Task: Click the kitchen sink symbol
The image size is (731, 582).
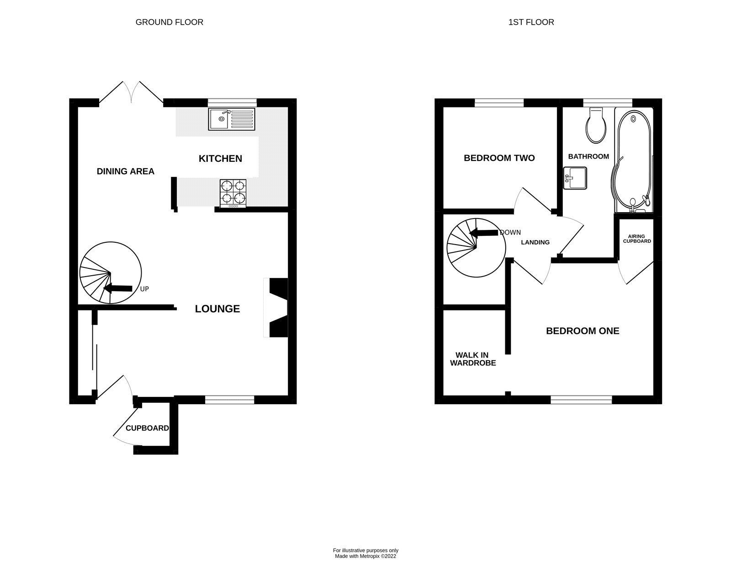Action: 232,119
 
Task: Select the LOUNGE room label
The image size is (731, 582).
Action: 217,309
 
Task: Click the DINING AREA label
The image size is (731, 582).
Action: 126,171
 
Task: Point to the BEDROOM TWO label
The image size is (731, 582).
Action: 499,158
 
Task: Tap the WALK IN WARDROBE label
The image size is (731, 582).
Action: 473,359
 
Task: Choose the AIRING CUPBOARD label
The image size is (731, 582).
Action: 637,239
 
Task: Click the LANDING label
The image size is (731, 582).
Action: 535,242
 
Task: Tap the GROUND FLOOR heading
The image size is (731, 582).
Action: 169,22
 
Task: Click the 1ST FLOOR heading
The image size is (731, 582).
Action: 531,22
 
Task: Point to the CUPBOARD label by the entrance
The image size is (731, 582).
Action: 147,428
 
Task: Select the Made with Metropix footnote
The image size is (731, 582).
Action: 365,556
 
